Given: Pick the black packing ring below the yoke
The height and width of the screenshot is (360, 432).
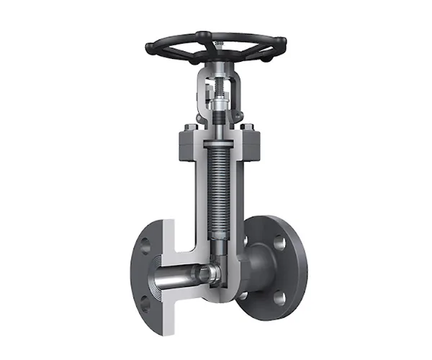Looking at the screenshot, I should [x=216, y=143].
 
